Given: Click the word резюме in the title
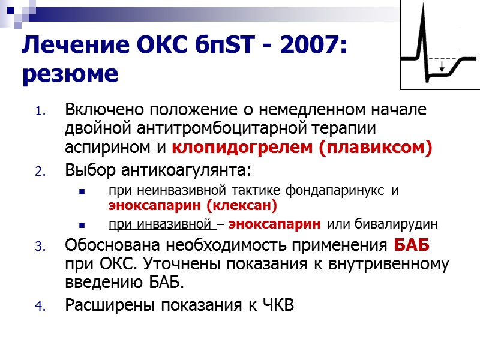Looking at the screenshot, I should [69, 74].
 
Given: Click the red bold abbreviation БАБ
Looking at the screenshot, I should [411, 246].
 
